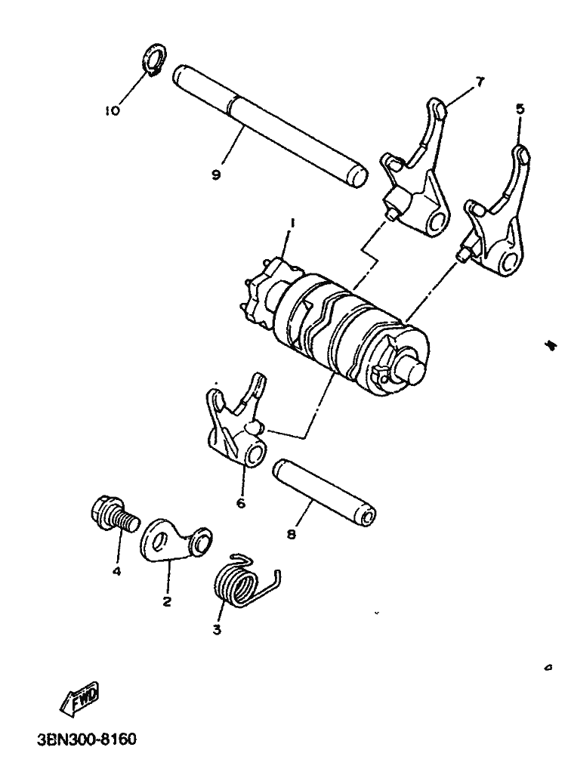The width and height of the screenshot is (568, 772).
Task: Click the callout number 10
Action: pos(112,110)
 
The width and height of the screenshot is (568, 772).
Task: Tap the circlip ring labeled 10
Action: pos(156,60)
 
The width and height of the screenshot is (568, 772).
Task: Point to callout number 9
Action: pos(216,174)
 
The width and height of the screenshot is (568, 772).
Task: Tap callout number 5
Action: pos(520,109)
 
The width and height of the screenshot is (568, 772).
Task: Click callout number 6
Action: pos(241,502)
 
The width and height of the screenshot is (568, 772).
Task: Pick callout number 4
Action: pos(117,571)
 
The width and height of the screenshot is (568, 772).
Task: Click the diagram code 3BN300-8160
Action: pos(86,736)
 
